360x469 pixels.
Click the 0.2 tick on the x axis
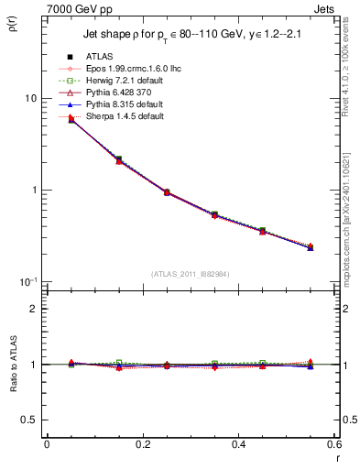coord(142,445)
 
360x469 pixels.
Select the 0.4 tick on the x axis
coord(238,445)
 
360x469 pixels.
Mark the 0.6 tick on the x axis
coord(333,445)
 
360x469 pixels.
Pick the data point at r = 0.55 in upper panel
coord(311,247)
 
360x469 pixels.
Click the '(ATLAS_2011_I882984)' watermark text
coord(190,275)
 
